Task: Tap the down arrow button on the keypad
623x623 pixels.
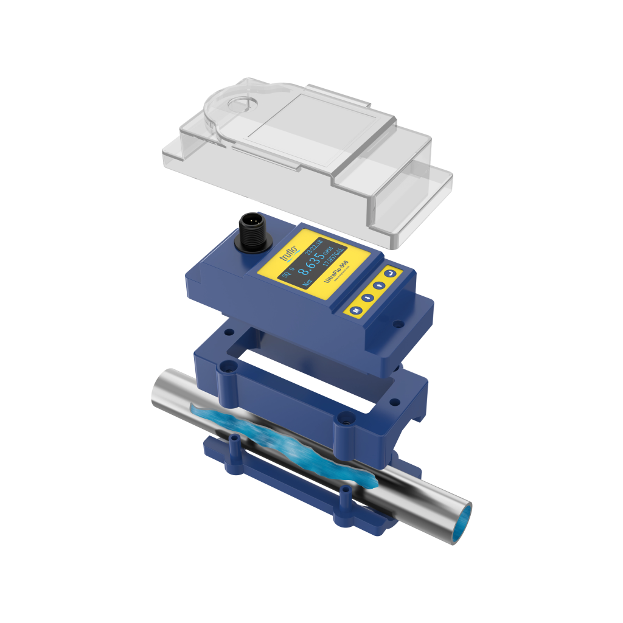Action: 367,298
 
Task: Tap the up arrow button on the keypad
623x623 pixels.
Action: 379,285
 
